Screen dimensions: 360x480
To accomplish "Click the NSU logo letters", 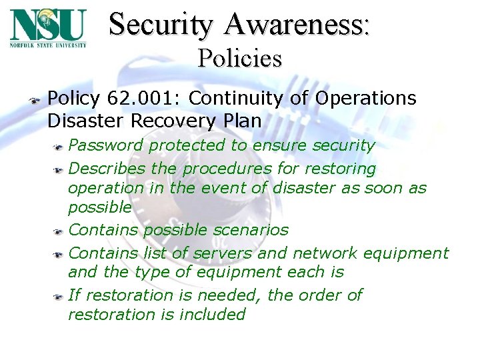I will [x=48, y=25].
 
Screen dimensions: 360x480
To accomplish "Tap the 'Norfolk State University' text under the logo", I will [x=48, y=45].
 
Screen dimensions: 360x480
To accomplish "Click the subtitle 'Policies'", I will [x=239, y=59].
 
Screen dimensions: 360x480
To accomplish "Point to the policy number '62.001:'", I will [x=143, y=99].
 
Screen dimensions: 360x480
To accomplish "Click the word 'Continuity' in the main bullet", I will [x=231, y=99].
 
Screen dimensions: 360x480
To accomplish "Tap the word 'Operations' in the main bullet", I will [x=366, y=99].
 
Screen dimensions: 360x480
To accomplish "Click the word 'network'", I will [x=325, y=253].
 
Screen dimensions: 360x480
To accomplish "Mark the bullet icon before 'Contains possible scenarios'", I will [x=59, y=231].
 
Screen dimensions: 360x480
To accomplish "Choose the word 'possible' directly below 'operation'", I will [x=99, y=207].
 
